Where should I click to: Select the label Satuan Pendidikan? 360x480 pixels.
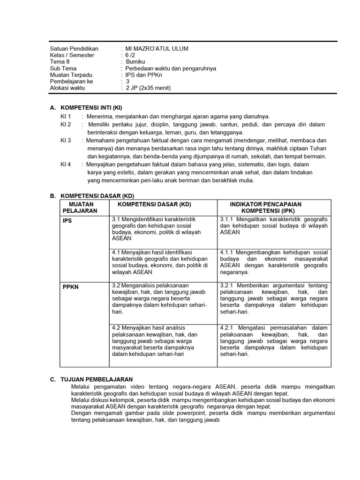click(x=74, y=49)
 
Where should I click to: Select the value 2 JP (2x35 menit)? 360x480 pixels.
click(x=148, y=88)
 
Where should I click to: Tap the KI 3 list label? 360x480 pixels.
click(x=66, y=140)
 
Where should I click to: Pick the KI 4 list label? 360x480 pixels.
click(x=66, y=165)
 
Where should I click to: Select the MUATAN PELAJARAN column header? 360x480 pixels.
click(x=81, y=208)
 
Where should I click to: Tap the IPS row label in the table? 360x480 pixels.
click(x=67, y=221)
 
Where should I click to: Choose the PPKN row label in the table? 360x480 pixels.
click(x=71, y=287)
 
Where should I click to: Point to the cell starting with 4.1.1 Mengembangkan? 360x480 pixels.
click(x=274, y=262)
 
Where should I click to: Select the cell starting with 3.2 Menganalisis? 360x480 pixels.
click(x=159, y=298)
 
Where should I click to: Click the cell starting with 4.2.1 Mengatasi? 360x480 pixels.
click(x=274, y=341)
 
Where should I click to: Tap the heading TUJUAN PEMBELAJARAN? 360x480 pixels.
click(x=97, y=379)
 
